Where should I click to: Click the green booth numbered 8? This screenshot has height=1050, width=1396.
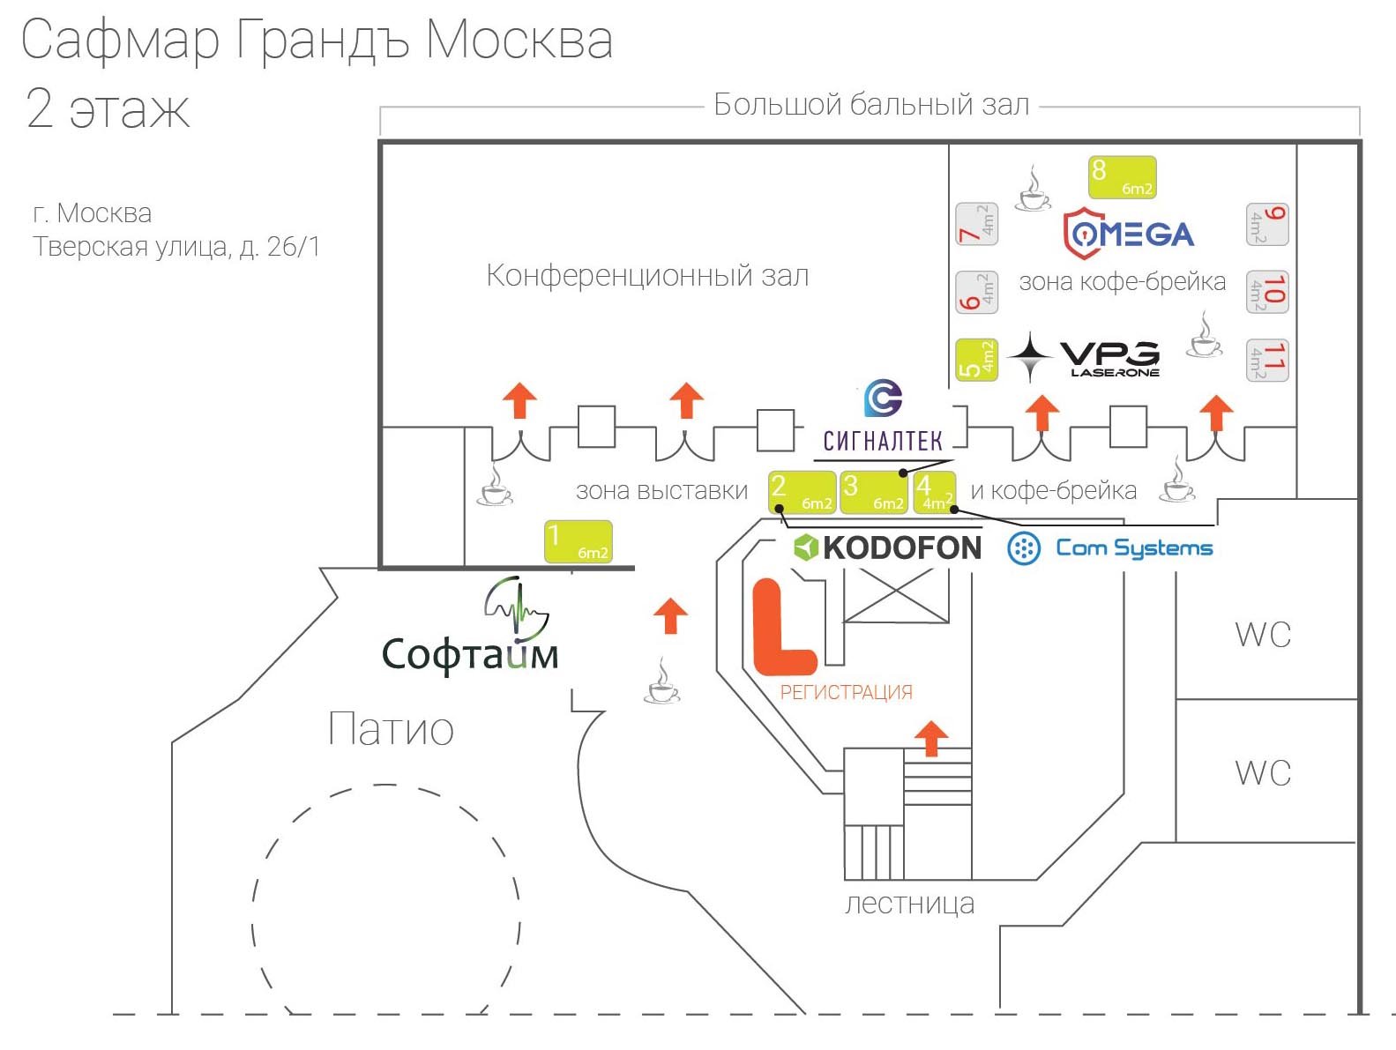[x=1122, y=177]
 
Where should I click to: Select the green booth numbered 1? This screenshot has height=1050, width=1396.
[x=579, y=541]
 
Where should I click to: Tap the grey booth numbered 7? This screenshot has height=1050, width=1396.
[x=976, y=224]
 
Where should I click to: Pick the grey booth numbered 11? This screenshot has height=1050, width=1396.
[x=1267, y=360]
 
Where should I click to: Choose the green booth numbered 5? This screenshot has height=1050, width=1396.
[x=976, y=360]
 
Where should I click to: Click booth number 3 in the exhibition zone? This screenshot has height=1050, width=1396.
[x=873, y=492]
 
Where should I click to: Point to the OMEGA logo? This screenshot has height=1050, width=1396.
[x=1128, y=234]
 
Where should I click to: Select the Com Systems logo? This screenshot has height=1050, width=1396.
[x=1110, y=548]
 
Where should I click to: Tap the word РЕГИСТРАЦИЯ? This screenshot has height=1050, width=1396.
[x=846, y=693]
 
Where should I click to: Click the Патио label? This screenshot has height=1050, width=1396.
[x=391, y=730]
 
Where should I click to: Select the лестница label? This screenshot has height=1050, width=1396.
[x=909, y=905]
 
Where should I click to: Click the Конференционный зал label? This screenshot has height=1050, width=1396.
[x=647, y=276]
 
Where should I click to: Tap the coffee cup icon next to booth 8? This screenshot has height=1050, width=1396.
[x=1033, y=190]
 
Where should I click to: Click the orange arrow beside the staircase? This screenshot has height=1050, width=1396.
[x=931, y=738]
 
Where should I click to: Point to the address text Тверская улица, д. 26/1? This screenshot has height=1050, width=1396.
[x=176, y=247]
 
